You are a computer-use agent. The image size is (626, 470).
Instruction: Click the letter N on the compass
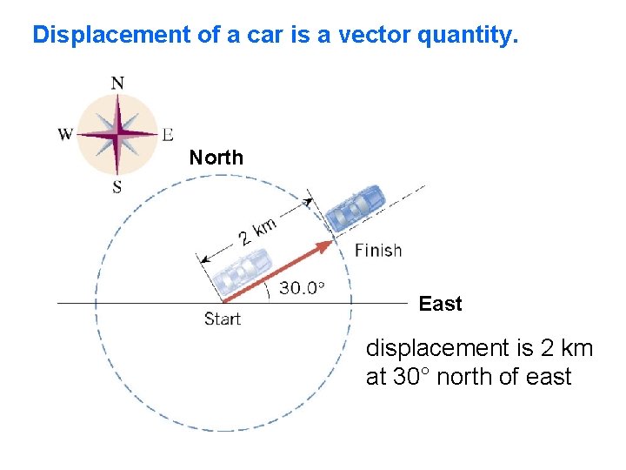(117, 84)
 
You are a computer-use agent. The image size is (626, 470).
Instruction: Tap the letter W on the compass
(65, 134)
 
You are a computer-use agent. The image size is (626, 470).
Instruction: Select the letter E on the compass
(167, 134)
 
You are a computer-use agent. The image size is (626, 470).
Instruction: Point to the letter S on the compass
(117, 186)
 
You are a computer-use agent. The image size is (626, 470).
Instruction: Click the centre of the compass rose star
(117, 135)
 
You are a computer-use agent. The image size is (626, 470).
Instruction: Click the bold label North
(216, 158)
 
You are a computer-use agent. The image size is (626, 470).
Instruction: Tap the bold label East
(440, 304)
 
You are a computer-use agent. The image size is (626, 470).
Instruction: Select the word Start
(223, 319)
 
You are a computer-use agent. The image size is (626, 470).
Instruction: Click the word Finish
(378, 251)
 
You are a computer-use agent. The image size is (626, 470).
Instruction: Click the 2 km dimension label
(258, 231)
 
